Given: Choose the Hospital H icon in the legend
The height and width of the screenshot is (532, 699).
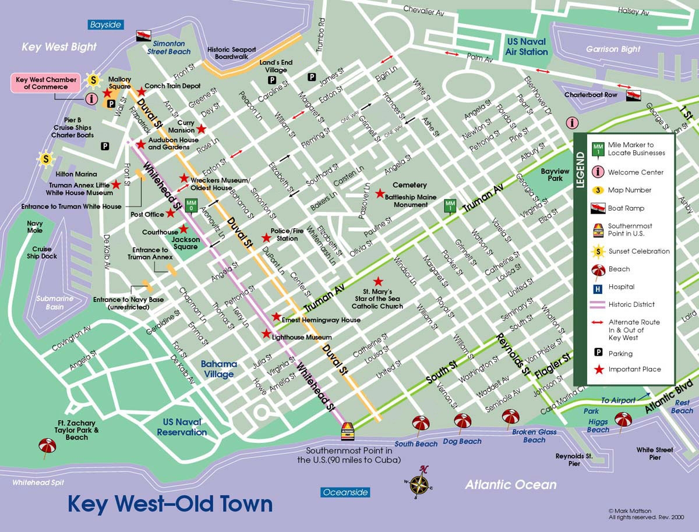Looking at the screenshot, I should [598, 287].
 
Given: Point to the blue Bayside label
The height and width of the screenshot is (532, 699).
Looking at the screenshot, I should [105, 24].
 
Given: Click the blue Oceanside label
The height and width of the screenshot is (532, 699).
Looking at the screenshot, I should [345, 492].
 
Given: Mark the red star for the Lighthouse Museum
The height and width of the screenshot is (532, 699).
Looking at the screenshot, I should [267, 334].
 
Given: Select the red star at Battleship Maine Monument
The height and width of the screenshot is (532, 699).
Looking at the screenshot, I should [380, 193].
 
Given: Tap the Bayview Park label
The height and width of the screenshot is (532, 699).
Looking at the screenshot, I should [555, 176].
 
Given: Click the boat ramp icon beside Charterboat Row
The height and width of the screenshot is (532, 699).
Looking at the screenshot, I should [633, 94].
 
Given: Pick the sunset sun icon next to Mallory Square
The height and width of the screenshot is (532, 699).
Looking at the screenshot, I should [92, 79].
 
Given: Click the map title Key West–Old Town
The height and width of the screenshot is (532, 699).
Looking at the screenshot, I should [170, 503].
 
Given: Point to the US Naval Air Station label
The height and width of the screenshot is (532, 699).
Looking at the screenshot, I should [527, 47].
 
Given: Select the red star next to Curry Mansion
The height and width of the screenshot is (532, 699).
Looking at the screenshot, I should [202, 129].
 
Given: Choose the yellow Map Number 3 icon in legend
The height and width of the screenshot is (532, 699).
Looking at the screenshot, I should [598, 190].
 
